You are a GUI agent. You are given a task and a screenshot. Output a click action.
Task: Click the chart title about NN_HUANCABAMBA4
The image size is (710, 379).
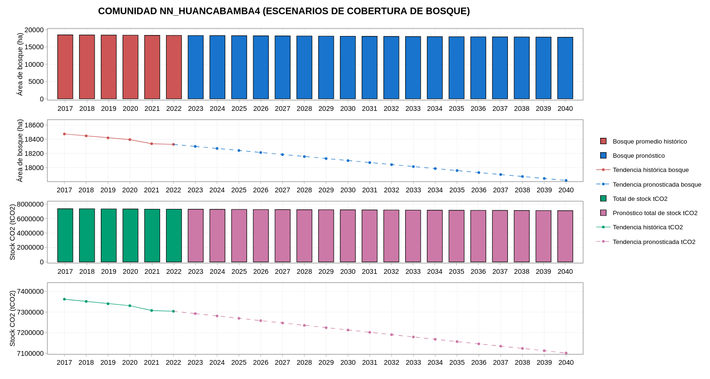(284, 11)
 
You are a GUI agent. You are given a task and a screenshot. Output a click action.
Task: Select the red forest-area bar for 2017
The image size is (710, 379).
(65, 67)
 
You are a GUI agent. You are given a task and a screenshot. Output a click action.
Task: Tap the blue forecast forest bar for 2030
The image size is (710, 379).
(348, 67)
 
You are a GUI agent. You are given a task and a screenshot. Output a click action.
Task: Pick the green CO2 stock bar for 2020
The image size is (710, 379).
(131, 235)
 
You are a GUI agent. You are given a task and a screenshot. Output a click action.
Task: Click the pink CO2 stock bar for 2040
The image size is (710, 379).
(565, 236)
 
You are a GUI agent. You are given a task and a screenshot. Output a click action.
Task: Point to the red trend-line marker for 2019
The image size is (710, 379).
(108, 138)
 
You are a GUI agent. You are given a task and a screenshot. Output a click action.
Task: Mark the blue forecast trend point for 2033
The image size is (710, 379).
(413, 167)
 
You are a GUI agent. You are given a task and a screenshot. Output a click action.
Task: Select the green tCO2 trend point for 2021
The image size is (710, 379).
(151, 310)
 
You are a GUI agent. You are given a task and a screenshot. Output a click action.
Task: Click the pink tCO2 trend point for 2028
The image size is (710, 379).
(304, 325)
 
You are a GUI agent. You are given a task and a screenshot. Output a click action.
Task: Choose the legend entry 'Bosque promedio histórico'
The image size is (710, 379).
(649, 141)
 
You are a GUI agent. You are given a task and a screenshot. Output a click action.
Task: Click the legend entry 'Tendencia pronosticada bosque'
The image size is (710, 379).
(657, 184)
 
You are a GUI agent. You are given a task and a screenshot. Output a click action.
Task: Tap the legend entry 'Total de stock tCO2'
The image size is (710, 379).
(640, 199)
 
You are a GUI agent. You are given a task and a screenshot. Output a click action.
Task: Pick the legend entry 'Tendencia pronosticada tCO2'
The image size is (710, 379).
(654, 242)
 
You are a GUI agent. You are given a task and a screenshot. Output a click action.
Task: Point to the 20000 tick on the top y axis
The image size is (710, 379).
(34, 30)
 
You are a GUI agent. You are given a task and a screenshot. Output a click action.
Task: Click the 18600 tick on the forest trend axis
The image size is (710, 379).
(34, 125)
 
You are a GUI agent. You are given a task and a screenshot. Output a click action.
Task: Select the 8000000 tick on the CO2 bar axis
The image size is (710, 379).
(30, 204)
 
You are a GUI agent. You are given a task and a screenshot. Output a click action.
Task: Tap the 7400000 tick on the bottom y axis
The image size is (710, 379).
(30, 291)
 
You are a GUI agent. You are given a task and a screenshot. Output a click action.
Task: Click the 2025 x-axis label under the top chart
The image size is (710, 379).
(239, 108)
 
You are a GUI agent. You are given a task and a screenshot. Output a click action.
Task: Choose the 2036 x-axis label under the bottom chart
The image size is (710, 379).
(479, 362)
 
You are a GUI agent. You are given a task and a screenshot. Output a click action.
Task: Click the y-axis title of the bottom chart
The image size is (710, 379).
(12, 318)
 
